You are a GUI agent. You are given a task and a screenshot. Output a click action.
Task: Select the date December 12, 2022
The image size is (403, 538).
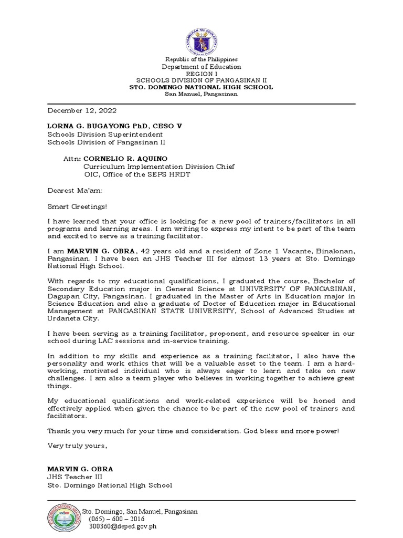pyautogui.click(x=82, y=111)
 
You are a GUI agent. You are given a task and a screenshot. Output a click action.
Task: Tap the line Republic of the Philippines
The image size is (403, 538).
pyautogui.click(x=201, y=60)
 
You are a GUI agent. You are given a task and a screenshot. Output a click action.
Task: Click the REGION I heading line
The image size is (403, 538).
pyautogui.click(x=201, y=74)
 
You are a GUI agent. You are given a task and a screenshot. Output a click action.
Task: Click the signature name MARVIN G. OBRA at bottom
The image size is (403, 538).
pyautogui.click(x=80, y=469)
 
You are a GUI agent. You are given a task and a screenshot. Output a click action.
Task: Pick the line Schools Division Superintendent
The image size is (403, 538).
pyautogui.click(x=98, y=134)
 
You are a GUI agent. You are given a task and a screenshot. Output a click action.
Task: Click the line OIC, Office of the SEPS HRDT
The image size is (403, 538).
pyautogui.click(x=136, y=174)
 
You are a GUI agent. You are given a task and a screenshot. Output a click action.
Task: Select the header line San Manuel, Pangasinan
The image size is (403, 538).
pyautogui.click(x=201, y=94)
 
